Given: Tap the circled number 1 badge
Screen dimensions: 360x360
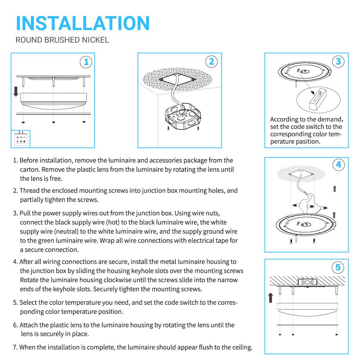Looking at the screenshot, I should pos(86,62).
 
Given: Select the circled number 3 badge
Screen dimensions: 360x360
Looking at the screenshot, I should pos(338,61).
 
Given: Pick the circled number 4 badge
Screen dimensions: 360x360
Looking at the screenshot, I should pos(338,165).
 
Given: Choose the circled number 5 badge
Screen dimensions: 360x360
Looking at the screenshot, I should pos(338,267).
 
